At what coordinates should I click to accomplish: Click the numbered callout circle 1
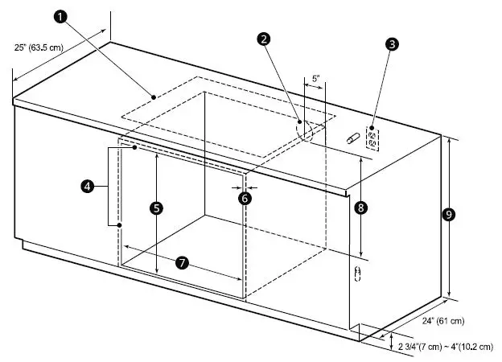pyautogui.click(x=61, y=15)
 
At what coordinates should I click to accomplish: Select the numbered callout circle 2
pyautogui.click(x=262, y=38)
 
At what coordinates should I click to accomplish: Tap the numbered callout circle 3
pyautogui.click(x=391, y=44)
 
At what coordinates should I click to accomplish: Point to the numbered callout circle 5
pyautogui.click(x=157, y=207)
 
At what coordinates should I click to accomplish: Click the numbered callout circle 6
pyautogui.click(x=245, y=196)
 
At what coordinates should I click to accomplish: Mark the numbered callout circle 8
pyautogui.click(x=360, y=208)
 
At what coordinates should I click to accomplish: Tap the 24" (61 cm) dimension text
pyautogui.click(x=443, y=321)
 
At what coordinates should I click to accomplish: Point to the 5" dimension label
pyautogui.click(x=315, y=79)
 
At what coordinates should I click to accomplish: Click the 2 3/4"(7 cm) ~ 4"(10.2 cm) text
pyautogui.click(x=446, y=347)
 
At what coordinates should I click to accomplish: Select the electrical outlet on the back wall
pyautogui.click(x=373, y=138)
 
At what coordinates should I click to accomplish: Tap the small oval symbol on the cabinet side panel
pyautogui.click(x=359, y=274)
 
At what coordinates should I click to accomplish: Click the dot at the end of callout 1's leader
pyautogui.click(x=153, y=96)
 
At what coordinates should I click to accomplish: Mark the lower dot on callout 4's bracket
pyautogui.click(x=119, y=225)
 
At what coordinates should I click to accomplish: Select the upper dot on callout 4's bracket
pyautogui.click(x=134, y=147)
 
